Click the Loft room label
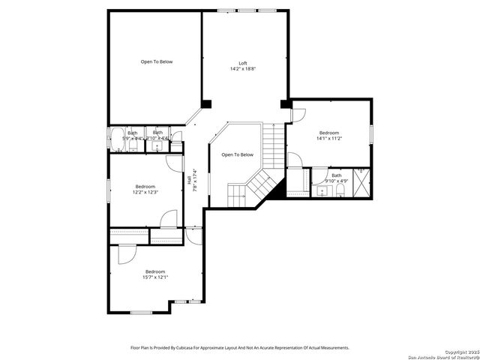[x=243, y=63]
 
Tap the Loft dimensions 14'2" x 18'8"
[x=243, y=69]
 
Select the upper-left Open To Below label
[x=157, y=61]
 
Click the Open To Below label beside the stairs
[x=237, y=155]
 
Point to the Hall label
[x=188, y=181]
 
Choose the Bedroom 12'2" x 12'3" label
[x=145, y=189]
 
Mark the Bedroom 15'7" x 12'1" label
[x=155, y=274]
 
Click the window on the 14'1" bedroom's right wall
[x=371, y=133]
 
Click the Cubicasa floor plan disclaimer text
[x=240, y=348]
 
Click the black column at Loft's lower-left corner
[x=206, y=103]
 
